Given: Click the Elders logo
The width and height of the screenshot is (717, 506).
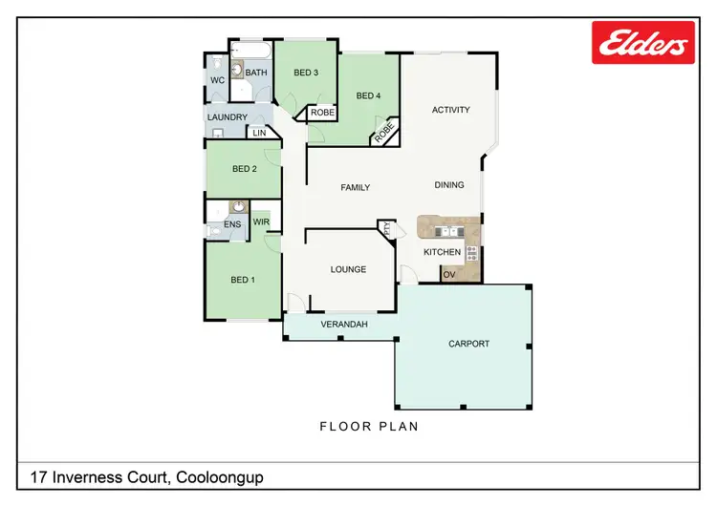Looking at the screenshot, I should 642,42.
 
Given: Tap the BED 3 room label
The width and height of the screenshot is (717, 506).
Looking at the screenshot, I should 305,73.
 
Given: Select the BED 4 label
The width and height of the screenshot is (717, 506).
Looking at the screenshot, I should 368,95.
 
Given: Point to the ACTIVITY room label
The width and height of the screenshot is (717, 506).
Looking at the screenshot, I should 451,110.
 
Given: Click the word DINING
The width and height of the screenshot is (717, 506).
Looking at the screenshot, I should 449,185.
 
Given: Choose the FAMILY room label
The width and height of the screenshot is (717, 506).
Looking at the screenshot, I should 355,188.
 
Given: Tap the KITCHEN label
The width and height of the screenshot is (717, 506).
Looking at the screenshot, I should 443,253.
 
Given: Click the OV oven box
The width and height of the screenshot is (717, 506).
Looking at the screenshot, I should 449,275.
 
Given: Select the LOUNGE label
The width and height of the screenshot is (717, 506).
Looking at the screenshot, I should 348,269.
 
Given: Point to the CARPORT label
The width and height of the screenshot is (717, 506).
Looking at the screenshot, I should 468,344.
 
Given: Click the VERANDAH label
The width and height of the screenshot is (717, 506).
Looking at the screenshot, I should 343,325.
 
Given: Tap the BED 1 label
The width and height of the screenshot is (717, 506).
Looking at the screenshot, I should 243,280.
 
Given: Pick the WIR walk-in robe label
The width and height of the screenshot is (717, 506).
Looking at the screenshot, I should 261,221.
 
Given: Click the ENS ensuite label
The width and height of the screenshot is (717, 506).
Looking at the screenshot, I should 232,225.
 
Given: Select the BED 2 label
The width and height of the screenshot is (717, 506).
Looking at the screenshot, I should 245,169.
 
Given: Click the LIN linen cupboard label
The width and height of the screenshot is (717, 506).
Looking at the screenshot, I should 259,133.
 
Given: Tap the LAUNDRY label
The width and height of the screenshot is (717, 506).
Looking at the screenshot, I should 228,117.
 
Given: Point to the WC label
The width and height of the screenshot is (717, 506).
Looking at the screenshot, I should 217,80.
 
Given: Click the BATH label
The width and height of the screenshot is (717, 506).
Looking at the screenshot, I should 256,73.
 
